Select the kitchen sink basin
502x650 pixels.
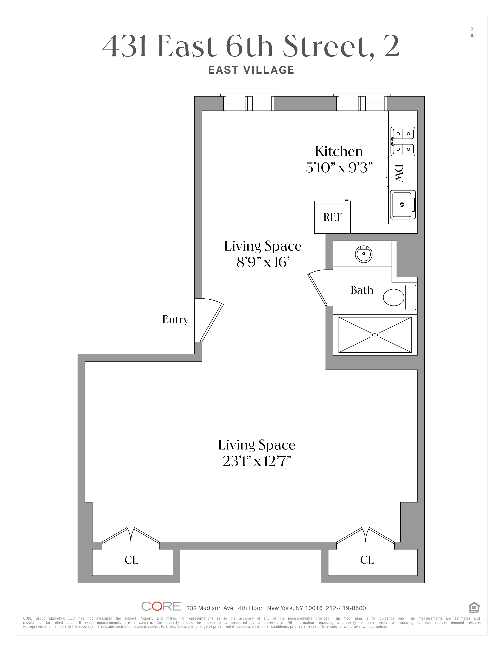402,204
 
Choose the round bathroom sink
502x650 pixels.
363,254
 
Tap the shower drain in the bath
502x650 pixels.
375,335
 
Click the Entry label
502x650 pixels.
175,320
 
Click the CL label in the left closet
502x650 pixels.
132,560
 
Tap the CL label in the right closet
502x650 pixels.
367,560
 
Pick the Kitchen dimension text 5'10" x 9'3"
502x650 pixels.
339,168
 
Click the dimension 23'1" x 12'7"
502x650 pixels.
257,461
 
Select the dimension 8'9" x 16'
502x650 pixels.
263,262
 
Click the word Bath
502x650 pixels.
362,290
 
